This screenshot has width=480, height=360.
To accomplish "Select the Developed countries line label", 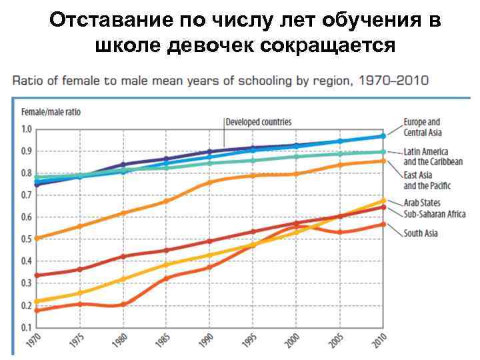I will click(258, 122).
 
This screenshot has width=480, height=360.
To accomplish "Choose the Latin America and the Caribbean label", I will click(433, 157).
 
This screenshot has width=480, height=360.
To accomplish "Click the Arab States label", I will click(422, 203).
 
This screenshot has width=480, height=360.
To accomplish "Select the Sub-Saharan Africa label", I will click(434, 214).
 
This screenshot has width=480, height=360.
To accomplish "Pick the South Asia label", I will click(420, 233).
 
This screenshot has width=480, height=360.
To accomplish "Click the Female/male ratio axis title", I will click(51, 112).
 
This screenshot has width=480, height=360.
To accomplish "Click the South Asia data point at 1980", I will click(123, 305).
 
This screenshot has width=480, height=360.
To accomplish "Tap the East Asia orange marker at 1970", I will click(36, 238).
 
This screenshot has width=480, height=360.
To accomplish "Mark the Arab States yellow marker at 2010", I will click(383, 201).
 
